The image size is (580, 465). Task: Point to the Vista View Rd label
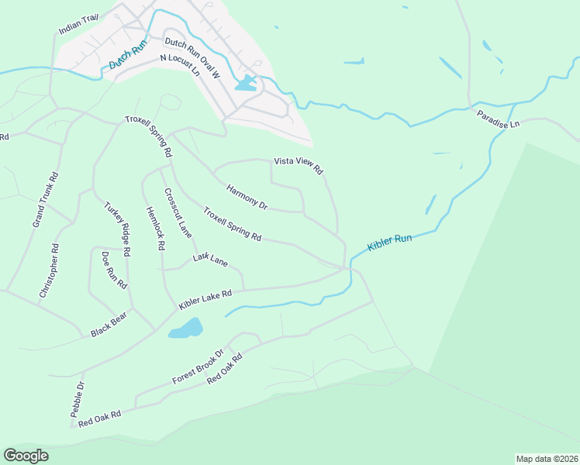coord(298,166)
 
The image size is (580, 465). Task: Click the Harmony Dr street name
coord(247,197)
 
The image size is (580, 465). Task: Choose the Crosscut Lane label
coord(178,213)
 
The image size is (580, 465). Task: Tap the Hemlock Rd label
coord(156,229)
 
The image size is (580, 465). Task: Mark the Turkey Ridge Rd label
coord(118,229)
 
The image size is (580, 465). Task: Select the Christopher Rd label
coord(49,271)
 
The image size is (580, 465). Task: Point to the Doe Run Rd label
coord(114,270)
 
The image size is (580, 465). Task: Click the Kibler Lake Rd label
coord(205,299)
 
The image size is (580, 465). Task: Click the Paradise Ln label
coord(498,119)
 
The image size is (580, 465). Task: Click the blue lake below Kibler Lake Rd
coord(186,329)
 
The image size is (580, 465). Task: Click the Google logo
coord(26,456)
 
